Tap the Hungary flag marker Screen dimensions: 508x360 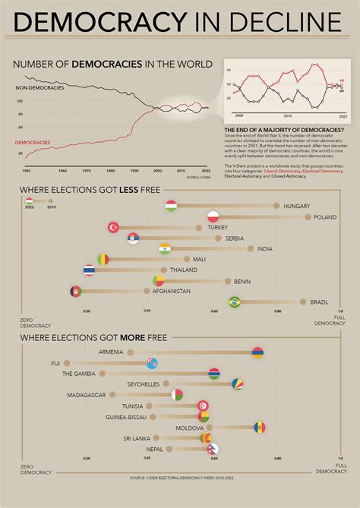[x=172, y=206]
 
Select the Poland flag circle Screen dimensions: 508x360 [x=213, y=216]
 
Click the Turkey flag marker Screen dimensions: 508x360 [x=115, y=227]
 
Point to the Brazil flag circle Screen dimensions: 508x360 [x=235, y=301]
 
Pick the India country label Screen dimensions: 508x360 [x=264, y=248]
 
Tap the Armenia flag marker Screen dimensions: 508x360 [x=257, y=352]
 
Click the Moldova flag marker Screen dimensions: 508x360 [x=260, y=428]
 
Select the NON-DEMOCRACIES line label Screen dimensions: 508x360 [x=39, y=88]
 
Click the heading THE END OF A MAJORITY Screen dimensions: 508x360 [x=283, y=130]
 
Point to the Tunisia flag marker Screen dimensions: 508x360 [x=203, y=406]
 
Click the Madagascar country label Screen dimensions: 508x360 [x=87, y=395]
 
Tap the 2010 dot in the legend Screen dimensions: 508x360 [x=51, y=200]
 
